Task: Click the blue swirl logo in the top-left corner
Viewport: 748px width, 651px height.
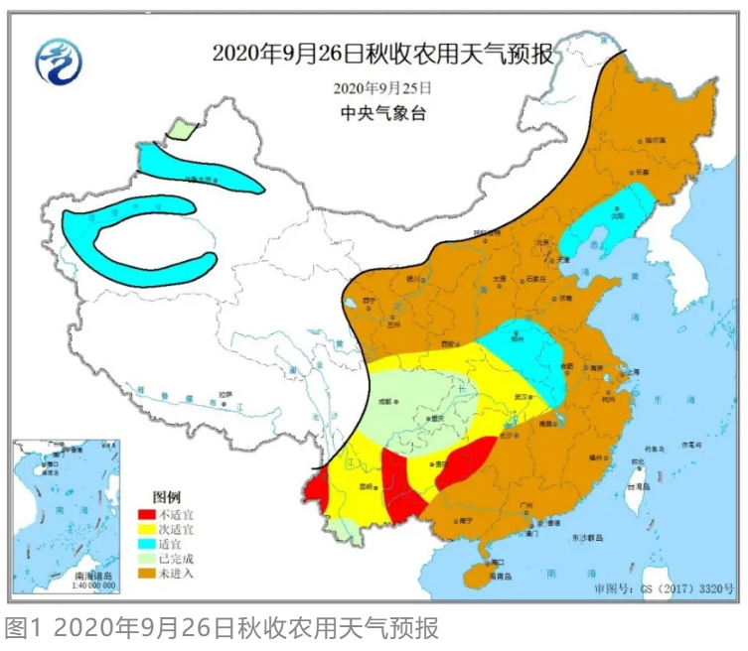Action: (x=59, y=62)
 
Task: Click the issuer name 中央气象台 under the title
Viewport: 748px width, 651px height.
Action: (x=383, y=112)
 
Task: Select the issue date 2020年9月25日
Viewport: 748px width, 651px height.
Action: (x=383, y=87)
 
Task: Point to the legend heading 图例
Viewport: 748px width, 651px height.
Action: (x=166, y=495)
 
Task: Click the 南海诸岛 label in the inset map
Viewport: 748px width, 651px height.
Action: (x=94, y=576)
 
